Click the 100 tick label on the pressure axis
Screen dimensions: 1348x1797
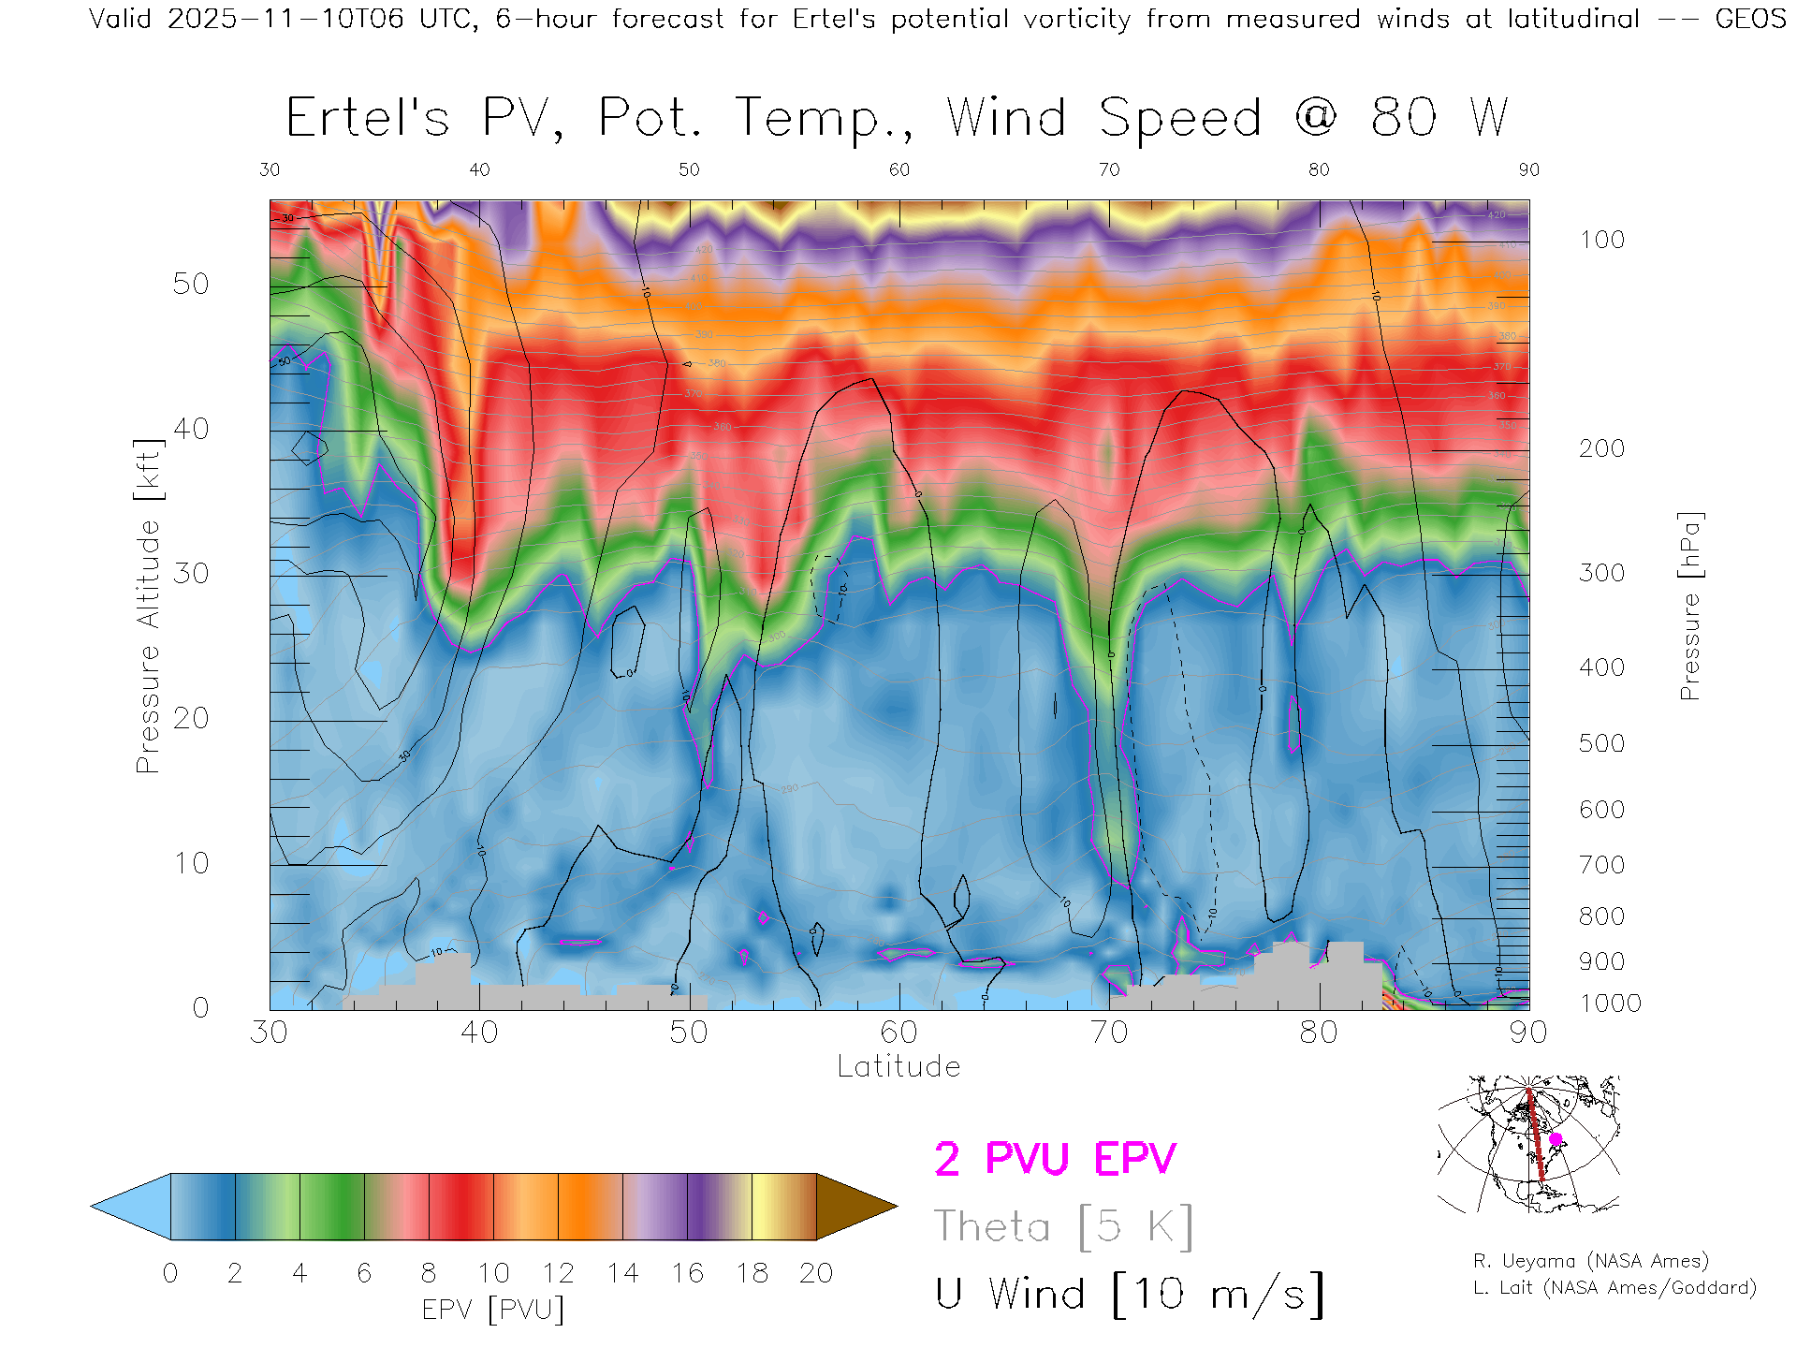tap(1601, 240)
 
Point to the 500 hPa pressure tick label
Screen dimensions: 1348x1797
tap(1601, 743)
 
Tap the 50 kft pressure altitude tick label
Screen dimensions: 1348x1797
tap(191, 284)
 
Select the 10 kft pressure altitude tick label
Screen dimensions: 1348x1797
tap(191, 862)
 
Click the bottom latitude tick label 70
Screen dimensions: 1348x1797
tap(1109, 1032)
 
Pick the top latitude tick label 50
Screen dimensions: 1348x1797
tap(689, 169)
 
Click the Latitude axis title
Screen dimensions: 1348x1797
tap(898, 1066)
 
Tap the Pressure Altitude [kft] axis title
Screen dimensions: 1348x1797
tap(148, 606)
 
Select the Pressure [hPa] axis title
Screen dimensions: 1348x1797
tap(1689, 606)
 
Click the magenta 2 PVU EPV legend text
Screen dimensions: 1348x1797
tap(1055, 1159)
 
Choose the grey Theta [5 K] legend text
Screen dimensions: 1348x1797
tap(1063, 1226)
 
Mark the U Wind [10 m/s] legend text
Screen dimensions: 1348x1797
tap(1129, 1294)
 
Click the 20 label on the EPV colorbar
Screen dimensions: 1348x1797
tap(816, 1273)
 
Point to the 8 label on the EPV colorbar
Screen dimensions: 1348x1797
tap(429, 1273)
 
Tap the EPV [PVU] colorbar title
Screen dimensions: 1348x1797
tap(492, 1309)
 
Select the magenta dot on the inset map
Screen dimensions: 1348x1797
tap(1556, 1139)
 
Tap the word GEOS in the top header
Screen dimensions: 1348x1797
tap(1750, 19)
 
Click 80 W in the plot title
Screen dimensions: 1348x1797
tap(1439, 118)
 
